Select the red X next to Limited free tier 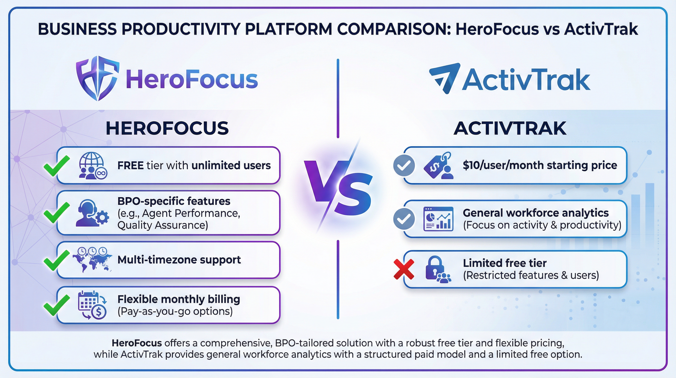click(404, 269)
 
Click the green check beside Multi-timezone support click(56, 260)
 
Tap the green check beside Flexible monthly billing click(56, 305)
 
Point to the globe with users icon click(93, 166)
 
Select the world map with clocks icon click(92, 260)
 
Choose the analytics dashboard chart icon click(438, 219)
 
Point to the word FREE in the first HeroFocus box click(134, 166)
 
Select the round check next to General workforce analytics click(404, 219)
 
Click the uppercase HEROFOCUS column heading click(167, 128)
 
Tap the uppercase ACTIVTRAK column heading click(510, 128)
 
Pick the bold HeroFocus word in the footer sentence click(137, 343)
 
